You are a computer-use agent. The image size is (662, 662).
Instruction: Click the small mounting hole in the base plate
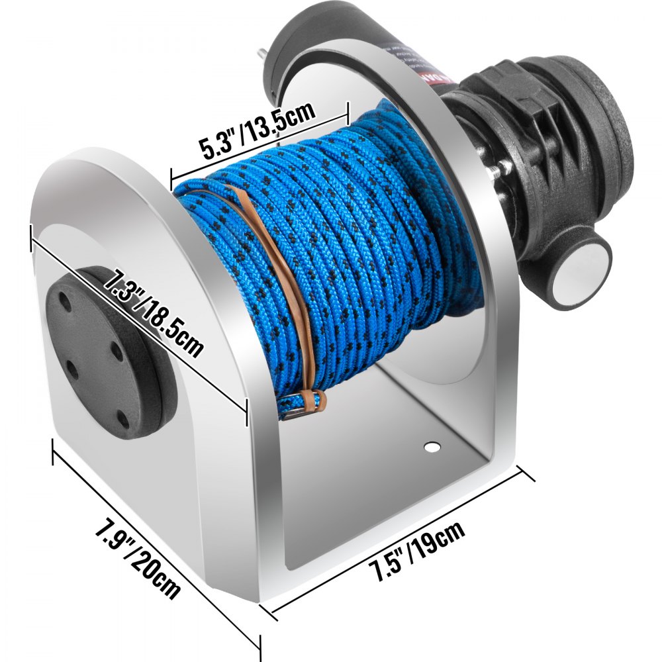pyautogui.click(x=432, y=448)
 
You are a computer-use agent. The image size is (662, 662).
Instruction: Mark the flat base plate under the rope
pyautogui.click(x=384, y=477)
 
